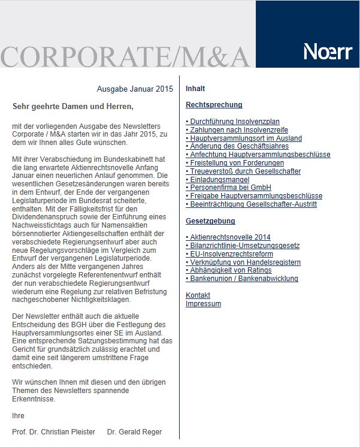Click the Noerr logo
(327, 52)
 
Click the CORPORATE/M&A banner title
(125, 56)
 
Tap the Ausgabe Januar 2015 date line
(135, 89)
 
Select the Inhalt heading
(195, 89)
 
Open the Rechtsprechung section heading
(214, 105)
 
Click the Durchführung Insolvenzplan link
(232, 122)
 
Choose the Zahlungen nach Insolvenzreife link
(237, 130)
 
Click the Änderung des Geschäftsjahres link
(237, 146)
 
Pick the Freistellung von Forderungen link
(235, 163)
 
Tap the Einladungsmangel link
(218, 179)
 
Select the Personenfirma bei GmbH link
(228, 188)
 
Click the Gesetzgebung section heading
(210, 221)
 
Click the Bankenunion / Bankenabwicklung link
(242, 279)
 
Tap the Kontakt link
(198, 295)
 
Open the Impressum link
(203, 304)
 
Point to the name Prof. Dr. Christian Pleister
(53, 432)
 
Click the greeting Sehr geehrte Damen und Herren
(73, 107)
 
